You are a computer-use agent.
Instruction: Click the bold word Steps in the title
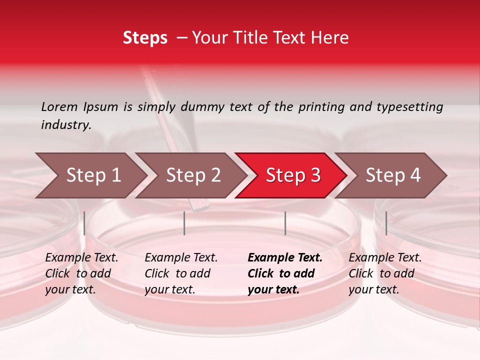pyautogui.click(x=145, y=38)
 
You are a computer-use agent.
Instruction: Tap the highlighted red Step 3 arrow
pyautogui.click(x=293, y=175)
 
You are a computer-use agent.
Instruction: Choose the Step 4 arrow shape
pyautogui.click(x=393, y=175)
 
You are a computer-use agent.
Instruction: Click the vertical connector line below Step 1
pyautogui.click(x=84, y=223)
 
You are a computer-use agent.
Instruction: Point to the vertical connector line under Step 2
pyautogui.click(x=184, y=223)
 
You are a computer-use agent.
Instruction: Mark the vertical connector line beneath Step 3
pyautogui.click(x=285, y=223)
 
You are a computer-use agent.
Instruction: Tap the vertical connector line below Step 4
pyautogui.click(x=386, y=223)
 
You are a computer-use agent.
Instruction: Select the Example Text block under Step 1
pyautogui.click(x=81, y=273)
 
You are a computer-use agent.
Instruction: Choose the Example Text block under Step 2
pyautogui.click(x=181, y=273)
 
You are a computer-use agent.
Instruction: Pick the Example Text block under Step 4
pyautogui.click(x=385, y=273)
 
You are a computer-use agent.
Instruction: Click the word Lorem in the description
pyautogui.click(x=59, y=106)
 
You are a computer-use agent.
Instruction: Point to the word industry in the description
pyautogui.click(x=65, y=125)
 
